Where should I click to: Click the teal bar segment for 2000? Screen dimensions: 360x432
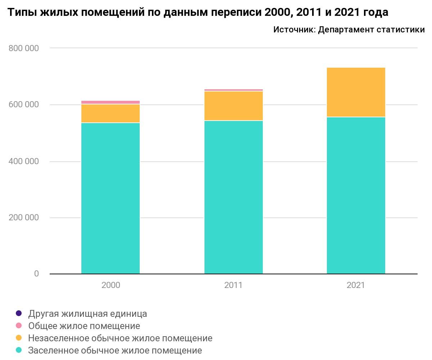(111, 198)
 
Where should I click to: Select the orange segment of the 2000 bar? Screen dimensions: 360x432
(111, 113)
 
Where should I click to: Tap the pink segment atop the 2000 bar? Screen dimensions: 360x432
(111, 102)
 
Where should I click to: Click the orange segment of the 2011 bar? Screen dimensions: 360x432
(233, 106)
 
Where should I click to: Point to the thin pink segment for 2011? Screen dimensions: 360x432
(233, 90)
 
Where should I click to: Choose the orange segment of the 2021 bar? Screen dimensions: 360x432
(356, 92)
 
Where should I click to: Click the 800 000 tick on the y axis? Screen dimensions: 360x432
(23, 48)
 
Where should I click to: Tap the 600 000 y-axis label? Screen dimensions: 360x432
(23, 105)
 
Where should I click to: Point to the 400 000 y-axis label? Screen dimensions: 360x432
(23, 161)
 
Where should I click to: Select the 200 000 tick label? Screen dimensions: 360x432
(23, 218)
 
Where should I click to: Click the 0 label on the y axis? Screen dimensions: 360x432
(36, 274)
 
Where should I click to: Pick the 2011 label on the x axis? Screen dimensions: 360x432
(233, 285)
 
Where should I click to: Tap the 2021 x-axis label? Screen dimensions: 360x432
(356, 285)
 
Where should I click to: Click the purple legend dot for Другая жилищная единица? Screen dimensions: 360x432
(19, 313)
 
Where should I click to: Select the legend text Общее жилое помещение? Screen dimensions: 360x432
(84, 326)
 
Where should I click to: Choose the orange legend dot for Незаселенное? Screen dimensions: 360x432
(19, 338)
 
